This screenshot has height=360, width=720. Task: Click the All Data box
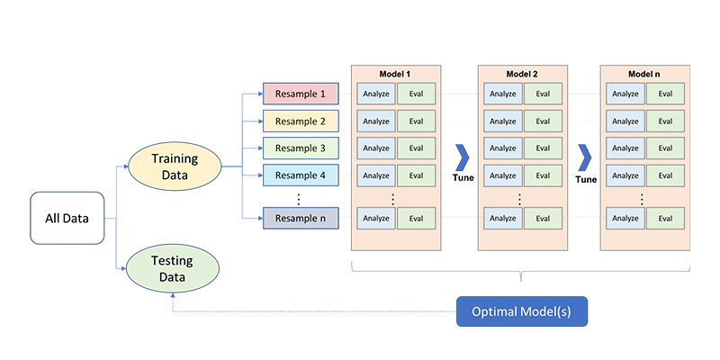pyautogui.click(x=67, y=218)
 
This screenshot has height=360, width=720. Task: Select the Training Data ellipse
pyautogui.click(x=175, y=166)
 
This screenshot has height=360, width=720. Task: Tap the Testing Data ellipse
pyautogui.click(x=173, y=269)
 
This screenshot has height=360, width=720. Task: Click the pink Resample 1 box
pyautogui.click(x=301, y=94)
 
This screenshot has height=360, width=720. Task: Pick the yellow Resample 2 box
pyautogui.click(x=301, y=121)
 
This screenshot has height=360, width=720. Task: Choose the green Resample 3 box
pyautogui.click(x=301, y=148)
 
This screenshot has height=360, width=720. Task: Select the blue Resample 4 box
pyautogui.click(x=301, y=175)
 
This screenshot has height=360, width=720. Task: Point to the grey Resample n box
pyautogui.click(x=301, y=218)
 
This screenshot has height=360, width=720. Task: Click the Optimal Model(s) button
pyautogui.click(x=522, y=311)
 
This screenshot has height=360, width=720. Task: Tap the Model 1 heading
pyautogui.click(x=396, y=74)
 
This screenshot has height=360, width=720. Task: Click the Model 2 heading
pyautogui.click(x=522, y=74)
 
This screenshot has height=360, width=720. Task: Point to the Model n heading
pyautogui.click(x=644, y=74)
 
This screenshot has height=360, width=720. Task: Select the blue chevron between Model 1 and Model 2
pyautogui.click(x=461, y=157)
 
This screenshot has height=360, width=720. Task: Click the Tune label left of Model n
pyautogui.click(x=586, y=179)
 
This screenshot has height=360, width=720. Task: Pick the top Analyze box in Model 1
pyautogui.click(x=376, y=94)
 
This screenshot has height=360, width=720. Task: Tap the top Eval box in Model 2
pyautogui.click(x=543, y=94)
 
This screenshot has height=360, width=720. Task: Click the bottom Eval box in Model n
pyautogui.click(x=665, y=218)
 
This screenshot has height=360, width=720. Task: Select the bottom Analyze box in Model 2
pyautogui.click(x=503, y=218)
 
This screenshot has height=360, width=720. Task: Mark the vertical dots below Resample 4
pyautogui.click(x=298, y=199)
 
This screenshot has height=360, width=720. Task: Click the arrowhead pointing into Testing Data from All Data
pyautogui.click(x=123, y=268)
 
